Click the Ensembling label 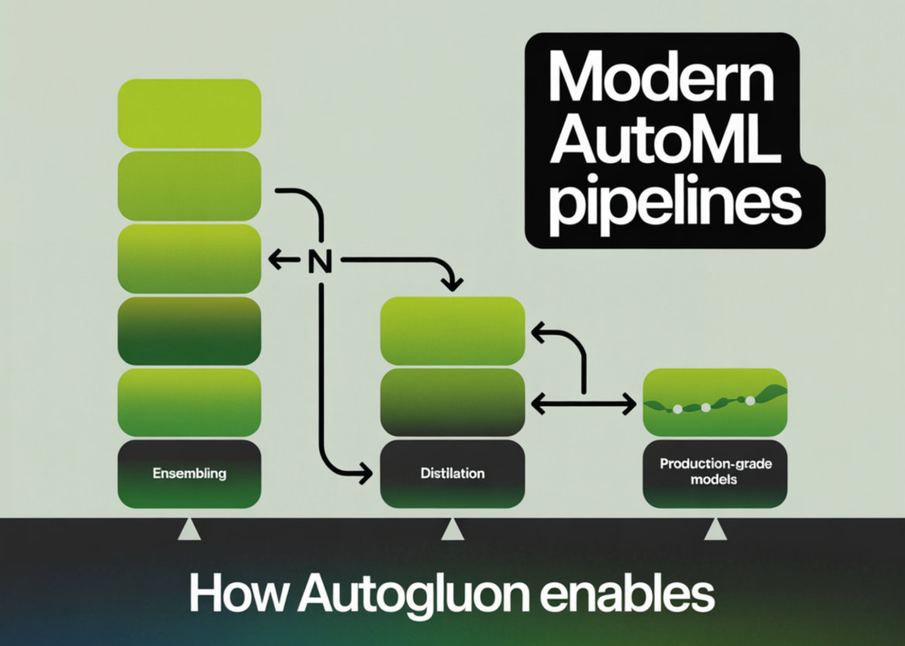(x=190, y=473)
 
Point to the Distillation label (x=452, y=473)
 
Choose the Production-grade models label (x=715, y=472)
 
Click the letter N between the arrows (x=319, y=262)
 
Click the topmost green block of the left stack (x=190, y=113)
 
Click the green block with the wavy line (x=715, y=402)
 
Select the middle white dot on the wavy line (x=705, y=406)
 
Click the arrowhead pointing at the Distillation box (x=363, y=473)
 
